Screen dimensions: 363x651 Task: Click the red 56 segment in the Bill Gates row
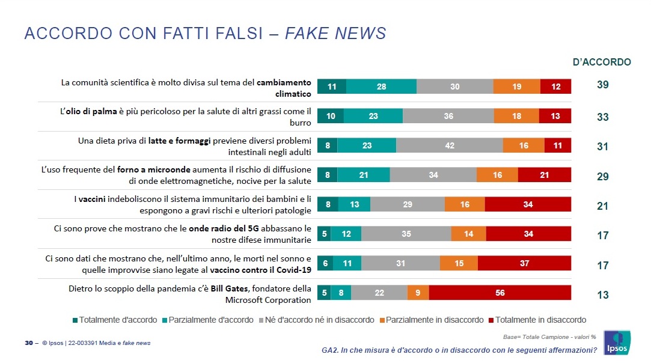500,293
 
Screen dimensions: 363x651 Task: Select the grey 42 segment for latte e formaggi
449,145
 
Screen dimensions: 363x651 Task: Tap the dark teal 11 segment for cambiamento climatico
331,87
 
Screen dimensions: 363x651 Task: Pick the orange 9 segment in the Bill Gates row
418,293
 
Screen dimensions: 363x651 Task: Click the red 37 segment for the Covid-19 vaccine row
524,263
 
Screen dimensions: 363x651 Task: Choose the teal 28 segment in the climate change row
381,87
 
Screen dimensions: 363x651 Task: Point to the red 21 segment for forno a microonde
544,175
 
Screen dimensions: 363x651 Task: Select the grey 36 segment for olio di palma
448,116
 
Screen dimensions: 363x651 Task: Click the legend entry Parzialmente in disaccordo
430,320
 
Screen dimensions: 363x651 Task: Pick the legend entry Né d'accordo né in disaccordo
319,320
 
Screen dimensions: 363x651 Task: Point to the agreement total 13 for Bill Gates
602,295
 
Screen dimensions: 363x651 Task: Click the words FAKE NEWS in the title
335,34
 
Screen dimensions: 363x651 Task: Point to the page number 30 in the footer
28,343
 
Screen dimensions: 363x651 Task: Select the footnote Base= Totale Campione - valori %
549,337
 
